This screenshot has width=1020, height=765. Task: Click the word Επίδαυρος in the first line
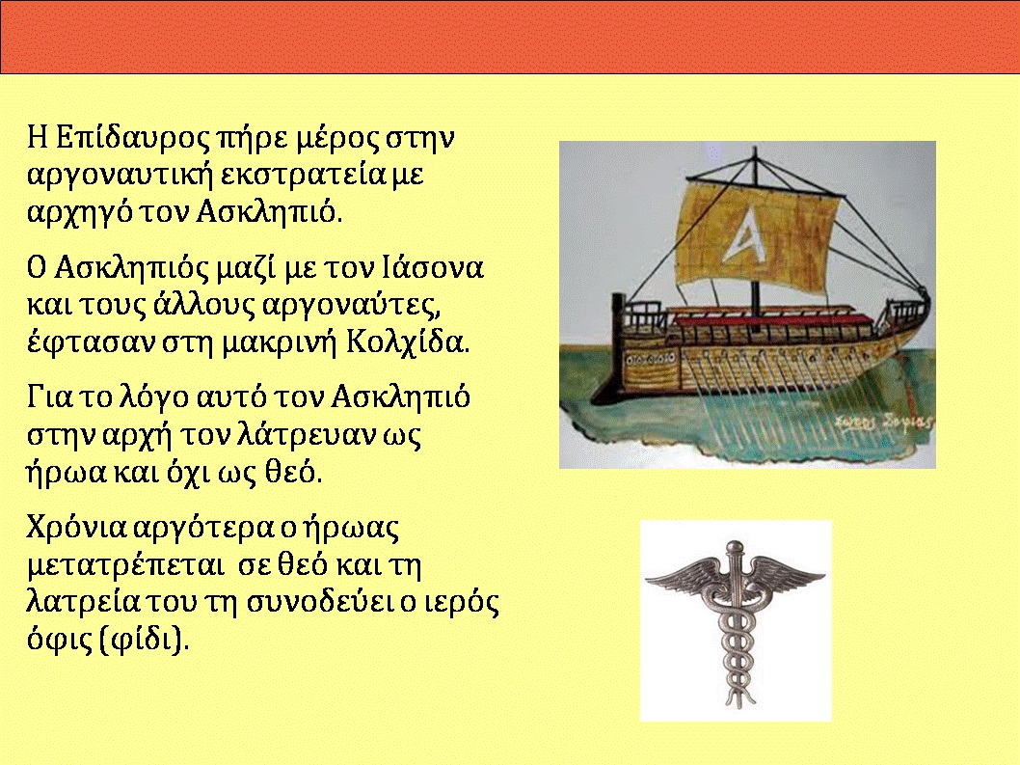click(133, 138)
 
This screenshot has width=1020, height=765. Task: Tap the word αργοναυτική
click(121, 176)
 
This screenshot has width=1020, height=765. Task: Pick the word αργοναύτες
click(348, 306)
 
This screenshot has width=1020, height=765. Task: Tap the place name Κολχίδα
click(407, 342)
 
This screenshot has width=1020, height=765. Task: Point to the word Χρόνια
click(76, 528)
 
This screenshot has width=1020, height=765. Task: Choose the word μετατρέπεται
click(124, 566)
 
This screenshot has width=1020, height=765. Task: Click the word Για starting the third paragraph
click(49, 397)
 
